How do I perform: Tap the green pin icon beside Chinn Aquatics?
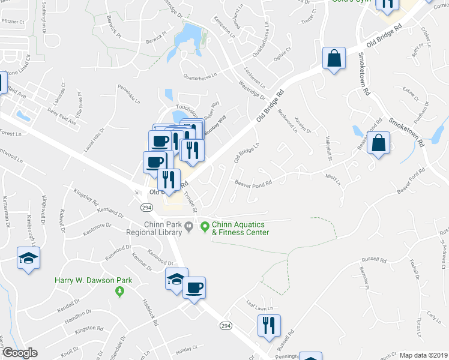click(204, 227)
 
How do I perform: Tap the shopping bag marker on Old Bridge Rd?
click(334, 59)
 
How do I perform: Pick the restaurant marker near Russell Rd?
click(270, 326)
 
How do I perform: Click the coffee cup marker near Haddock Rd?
click(194, 287)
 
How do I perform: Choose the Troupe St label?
click(191, 202)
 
